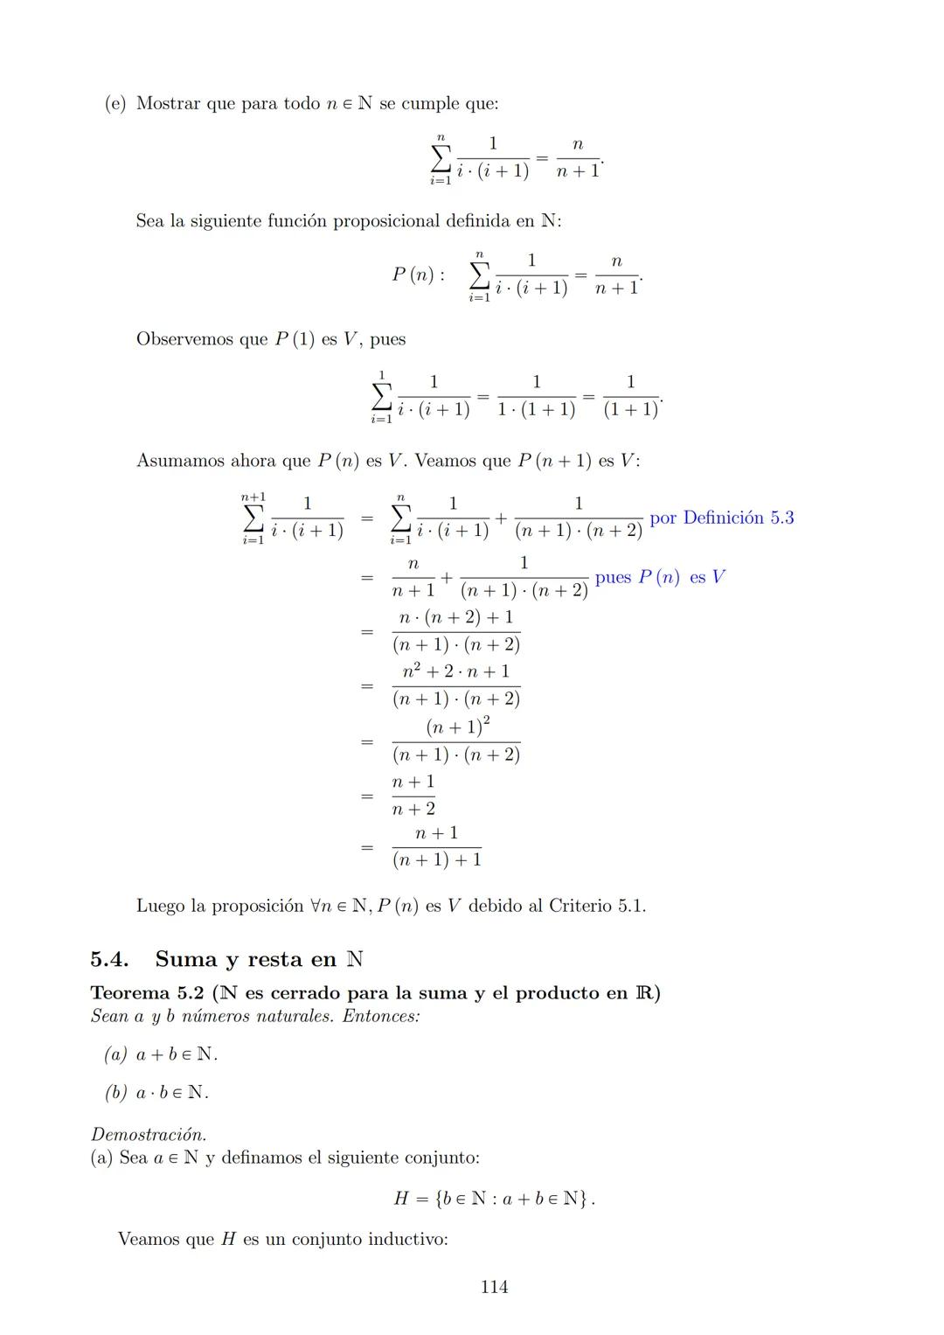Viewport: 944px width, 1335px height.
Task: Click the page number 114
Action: [x=494, y=1287]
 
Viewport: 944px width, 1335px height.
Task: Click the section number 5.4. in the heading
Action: [x=110, y=959]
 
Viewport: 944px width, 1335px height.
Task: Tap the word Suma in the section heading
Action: [x=186, y=959]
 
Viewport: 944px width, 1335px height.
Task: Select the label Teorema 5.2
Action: [x=147, y=993]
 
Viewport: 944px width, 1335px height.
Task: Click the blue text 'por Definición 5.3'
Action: [x=721, y=518]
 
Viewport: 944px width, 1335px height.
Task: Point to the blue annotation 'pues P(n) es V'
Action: [x=660, y=578]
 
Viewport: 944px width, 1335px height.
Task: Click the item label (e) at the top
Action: [x=115, y=104]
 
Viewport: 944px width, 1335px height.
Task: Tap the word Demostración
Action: [x=149, y=1135]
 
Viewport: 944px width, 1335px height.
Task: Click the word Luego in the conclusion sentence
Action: [x=160, y=906]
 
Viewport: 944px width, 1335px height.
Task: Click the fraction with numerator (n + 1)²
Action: [x=456, y=741]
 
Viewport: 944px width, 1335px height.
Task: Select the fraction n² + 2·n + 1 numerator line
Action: [x=455, y=672]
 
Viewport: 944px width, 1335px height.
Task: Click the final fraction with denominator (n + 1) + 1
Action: [x=436, y=847]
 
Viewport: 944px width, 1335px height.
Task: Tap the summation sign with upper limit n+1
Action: [x=252, y=518]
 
